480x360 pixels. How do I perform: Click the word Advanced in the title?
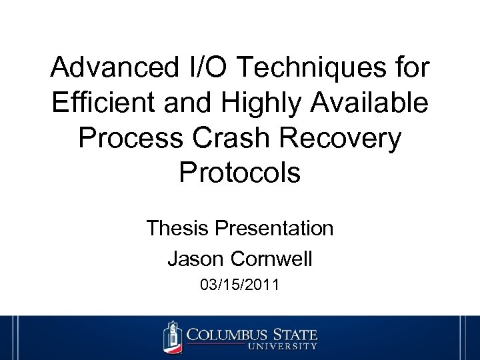point(113,68)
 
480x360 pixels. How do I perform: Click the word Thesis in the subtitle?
point(177,229)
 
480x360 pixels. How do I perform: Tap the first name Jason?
point(196,258)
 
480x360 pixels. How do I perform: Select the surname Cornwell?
point(271,258)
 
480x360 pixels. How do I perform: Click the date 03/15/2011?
point(240,285)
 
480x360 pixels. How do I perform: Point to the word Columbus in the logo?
point(229,333)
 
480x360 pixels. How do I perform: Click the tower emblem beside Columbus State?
point(173,337)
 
